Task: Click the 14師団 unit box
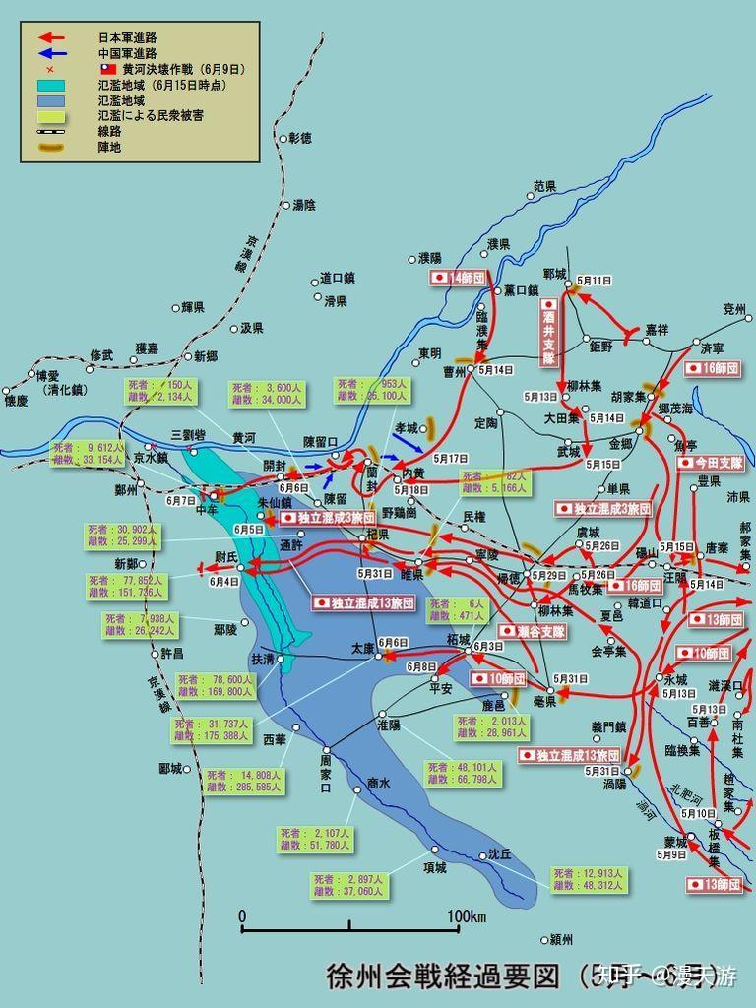[460, 279]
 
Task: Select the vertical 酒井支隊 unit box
[548, 333]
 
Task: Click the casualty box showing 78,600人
[215, 685]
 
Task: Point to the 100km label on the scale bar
[467, 917]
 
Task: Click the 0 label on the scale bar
[243, 917]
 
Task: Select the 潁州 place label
[563, 939]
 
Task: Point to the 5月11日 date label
[595, 280]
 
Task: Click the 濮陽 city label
[430, 258]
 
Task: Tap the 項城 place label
[434, 867]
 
